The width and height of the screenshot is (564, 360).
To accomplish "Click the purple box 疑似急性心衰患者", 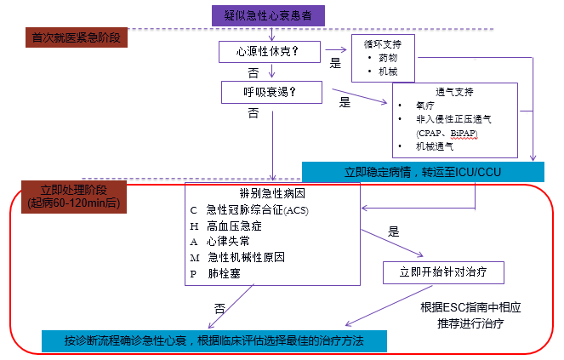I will click(x=267, y=14).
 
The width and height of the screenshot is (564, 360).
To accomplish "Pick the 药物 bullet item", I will click(x=388, y=58).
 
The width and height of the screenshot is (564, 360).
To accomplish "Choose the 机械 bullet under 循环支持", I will click(x=388, y=71).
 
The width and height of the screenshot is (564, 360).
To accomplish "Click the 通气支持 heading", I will click(x=455, y=90).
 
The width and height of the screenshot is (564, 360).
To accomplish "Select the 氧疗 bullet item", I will click(x=424, y=105).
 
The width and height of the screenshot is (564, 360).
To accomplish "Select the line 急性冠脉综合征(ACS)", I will click(x=250, y=209).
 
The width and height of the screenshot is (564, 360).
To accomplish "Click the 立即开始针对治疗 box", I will click(x=442, y=271).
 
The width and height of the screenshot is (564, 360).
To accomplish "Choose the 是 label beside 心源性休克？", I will click(x=335, y=64).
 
